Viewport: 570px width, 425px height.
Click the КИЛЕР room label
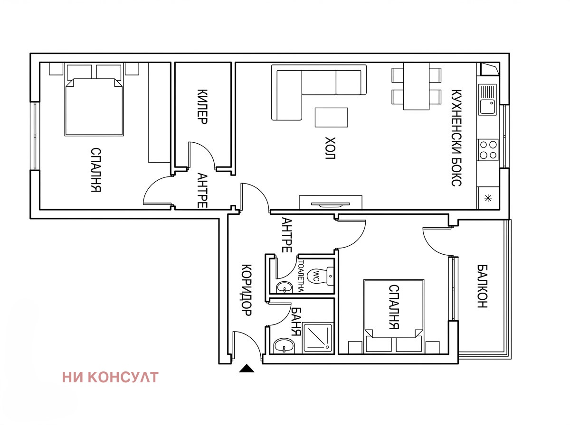[202, 107]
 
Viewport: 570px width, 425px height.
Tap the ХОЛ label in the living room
[330, 148]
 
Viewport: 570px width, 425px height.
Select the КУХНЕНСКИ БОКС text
[456, 138]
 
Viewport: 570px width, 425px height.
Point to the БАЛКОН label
[482, 286]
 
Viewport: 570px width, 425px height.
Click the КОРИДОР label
[247, 290]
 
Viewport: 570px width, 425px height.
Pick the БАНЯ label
[296, 322]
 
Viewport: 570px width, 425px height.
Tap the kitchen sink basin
[487, 107]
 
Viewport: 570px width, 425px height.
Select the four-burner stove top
[488, 150]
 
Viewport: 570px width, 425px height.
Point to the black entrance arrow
[247, 368]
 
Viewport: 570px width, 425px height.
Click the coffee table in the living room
[332, 118]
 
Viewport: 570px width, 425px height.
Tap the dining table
[416, 86]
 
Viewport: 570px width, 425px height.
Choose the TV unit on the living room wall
[331, 202]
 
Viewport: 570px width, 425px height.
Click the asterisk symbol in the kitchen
[488, 199]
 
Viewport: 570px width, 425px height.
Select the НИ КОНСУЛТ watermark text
[110, 377]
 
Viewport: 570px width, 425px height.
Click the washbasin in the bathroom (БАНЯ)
[284, 346]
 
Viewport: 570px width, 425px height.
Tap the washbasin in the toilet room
[285, 287]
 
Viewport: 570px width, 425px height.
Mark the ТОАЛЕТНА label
[301, 276]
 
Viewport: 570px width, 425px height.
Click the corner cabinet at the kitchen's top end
[489, 69]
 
